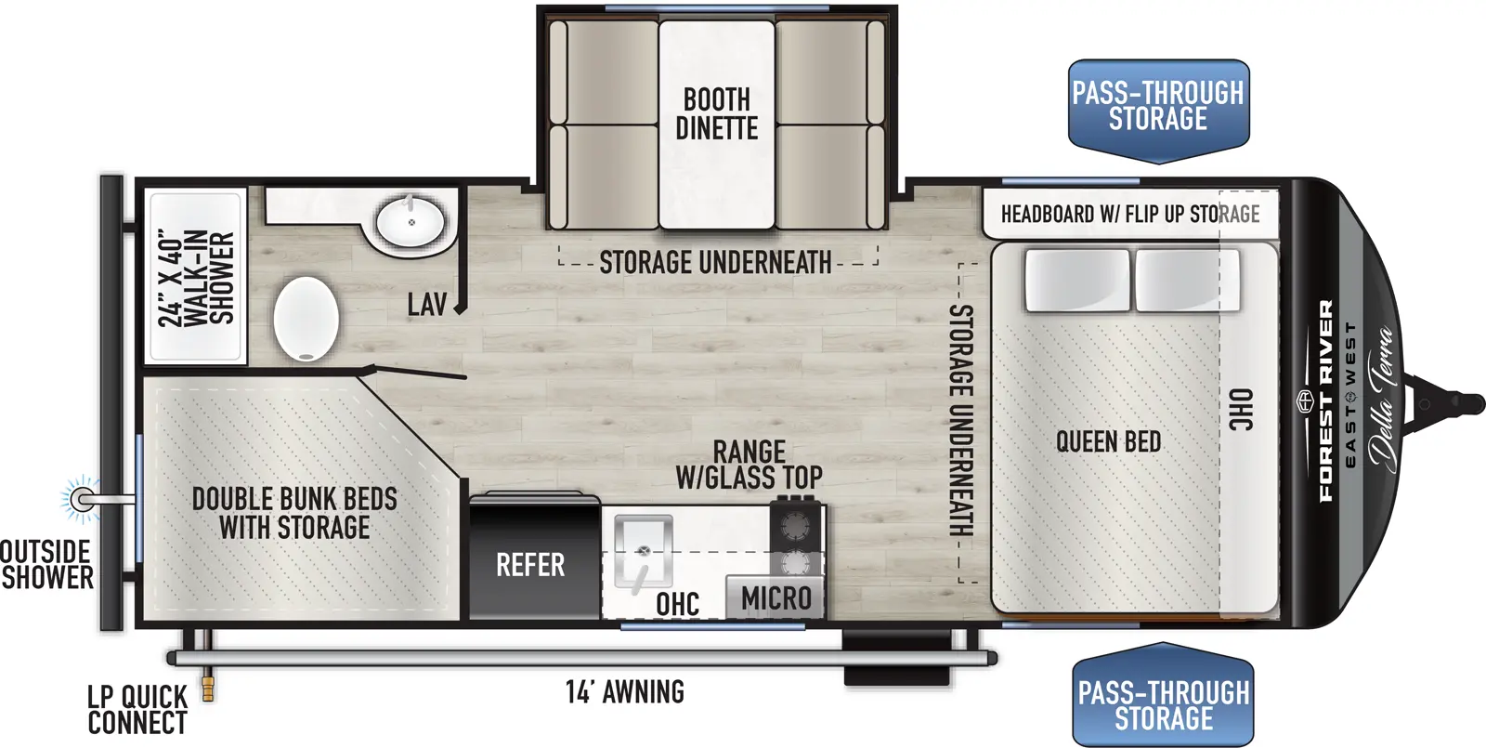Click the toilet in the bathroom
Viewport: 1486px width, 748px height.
coord(306,318)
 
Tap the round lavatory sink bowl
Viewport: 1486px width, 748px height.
coord(410,223)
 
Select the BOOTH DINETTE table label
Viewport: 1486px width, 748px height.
coord(716,114)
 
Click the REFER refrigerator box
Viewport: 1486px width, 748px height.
coord(532,563)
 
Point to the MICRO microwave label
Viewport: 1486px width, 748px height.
coord(776,598)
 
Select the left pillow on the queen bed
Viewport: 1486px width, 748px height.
coord(1077,280)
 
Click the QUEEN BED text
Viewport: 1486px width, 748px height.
coord(1108,441)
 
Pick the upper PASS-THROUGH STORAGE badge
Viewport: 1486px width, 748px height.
coord(1158,106)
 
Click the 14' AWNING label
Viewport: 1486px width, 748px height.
coord(625,692)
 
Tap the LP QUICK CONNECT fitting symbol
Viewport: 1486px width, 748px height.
coord(208,689)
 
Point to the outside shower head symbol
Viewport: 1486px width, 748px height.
coord(83,500)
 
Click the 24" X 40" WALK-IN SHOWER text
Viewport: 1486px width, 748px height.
coord(196,278)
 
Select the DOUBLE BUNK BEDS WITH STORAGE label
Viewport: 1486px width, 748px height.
coord(294,513)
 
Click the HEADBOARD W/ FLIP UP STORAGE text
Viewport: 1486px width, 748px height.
coord(1129,215)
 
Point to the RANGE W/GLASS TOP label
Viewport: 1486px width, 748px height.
coord(749,465)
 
